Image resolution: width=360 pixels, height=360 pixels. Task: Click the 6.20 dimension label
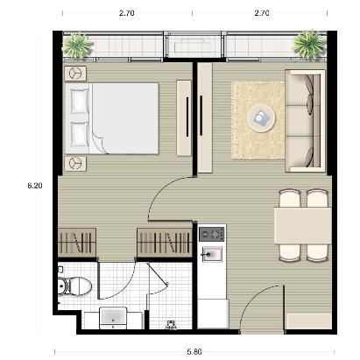click(34, 186)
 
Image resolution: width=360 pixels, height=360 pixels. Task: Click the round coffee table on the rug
click(260, 117)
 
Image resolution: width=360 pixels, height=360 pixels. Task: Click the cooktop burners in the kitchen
click(211, 235)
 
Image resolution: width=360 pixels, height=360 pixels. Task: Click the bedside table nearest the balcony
click(75, 74)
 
